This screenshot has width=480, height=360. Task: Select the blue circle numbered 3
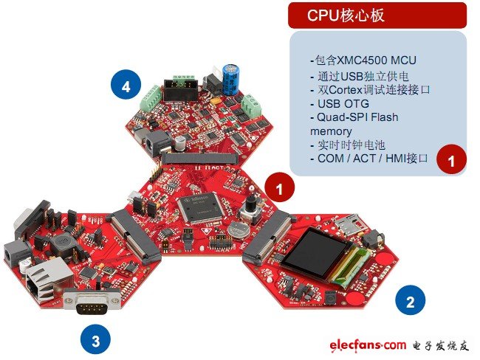pos(96,339)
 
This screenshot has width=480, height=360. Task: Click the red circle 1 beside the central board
pos(279,187)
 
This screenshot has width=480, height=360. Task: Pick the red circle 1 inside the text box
pos(451,159)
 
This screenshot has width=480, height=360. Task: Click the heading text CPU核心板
pos(346,15)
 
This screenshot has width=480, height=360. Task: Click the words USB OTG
pos(343,104)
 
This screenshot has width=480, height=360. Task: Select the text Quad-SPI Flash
pos(357,117)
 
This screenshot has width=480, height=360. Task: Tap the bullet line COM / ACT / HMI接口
pos(369,159)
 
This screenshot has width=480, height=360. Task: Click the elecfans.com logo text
pos(368,345)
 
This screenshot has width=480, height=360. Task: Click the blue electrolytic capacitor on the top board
pos(231,80)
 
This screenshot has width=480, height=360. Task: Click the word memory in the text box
pos(331,131)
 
